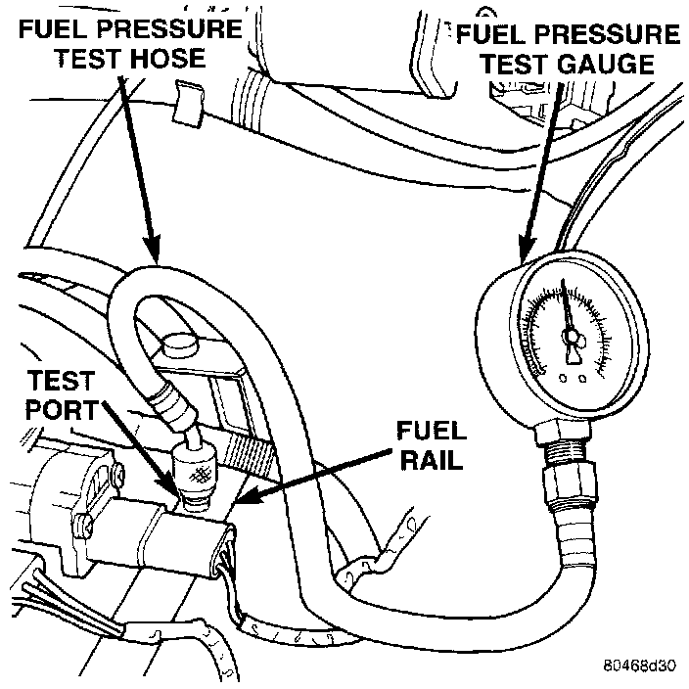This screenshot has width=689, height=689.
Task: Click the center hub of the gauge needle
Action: pos(572,338)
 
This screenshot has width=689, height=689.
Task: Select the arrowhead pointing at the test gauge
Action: pos(527,256)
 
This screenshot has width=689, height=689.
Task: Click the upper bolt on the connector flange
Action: pos(116,477)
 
